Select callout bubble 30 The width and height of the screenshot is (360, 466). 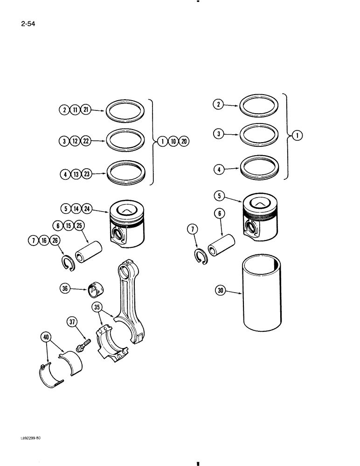click(221, 291)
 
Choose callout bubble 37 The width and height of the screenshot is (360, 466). click(73, 322)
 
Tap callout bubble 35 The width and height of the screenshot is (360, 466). click(96, 307)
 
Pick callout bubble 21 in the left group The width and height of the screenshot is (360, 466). click(85, 110)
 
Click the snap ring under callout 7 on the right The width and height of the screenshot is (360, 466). click(201, 256)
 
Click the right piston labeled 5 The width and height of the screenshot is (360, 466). click(261, 218)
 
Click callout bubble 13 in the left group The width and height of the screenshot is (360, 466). click(76, 175)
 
